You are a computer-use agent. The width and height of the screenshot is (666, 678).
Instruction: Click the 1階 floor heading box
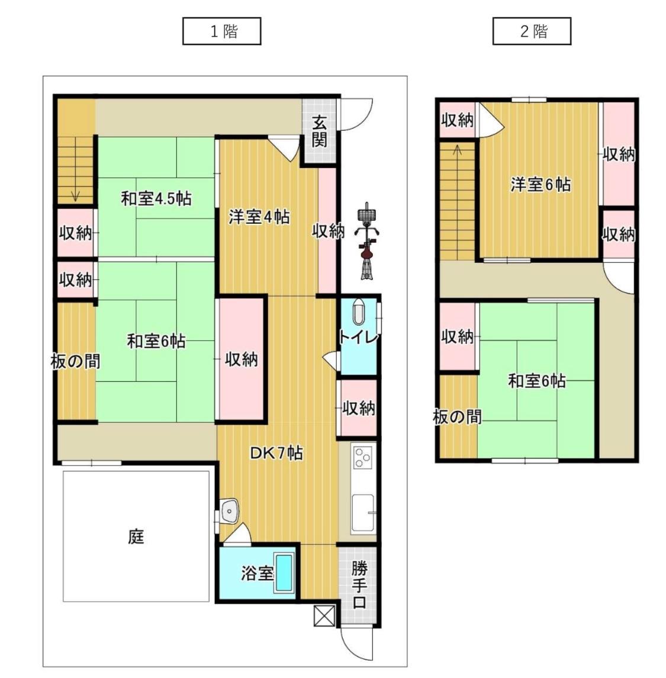click(222, 31)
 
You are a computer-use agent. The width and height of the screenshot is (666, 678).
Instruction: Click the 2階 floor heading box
click(532, 31)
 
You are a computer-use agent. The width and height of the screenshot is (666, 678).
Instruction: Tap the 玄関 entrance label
click(320, 131)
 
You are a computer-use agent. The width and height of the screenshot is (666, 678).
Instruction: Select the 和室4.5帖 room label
click(156, 198)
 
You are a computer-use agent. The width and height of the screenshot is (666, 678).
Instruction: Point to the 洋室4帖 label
click(259, 217)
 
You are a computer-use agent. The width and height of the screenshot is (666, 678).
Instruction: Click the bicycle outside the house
click(368, 240)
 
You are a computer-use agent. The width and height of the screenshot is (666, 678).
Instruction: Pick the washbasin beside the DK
click(229, 509)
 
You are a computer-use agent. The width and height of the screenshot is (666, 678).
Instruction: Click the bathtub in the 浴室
click(285, 573)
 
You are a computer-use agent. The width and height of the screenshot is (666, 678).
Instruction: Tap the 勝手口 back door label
click(359, 586)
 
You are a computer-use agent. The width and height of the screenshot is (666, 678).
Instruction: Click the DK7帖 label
click(276, 454)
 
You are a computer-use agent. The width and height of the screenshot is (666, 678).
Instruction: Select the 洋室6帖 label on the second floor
click(540, 185)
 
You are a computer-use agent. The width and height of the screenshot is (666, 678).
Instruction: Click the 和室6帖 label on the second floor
click(536, 381)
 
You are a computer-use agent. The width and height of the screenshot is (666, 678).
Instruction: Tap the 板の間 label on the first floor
click(75, 361)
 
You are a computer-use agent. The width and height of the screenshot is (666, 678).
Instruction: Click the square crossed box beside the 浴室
click(325, 615)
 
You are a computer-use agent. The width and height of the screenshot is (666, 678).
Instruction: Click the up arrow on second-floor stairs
click(457, 149)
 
